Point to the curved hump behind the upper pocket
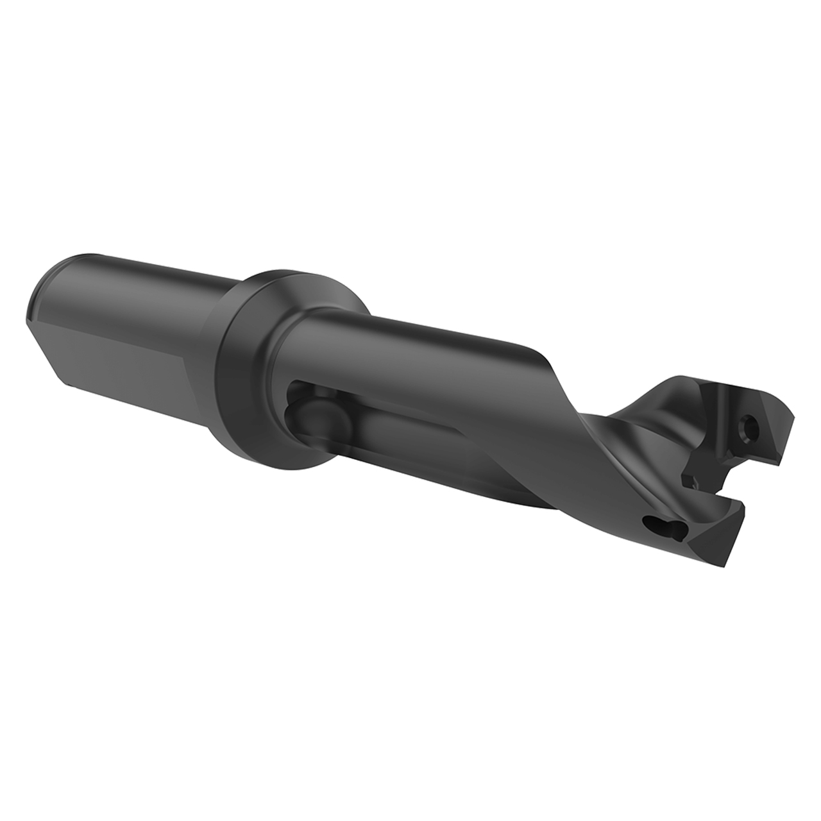[x=661, y=398]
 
